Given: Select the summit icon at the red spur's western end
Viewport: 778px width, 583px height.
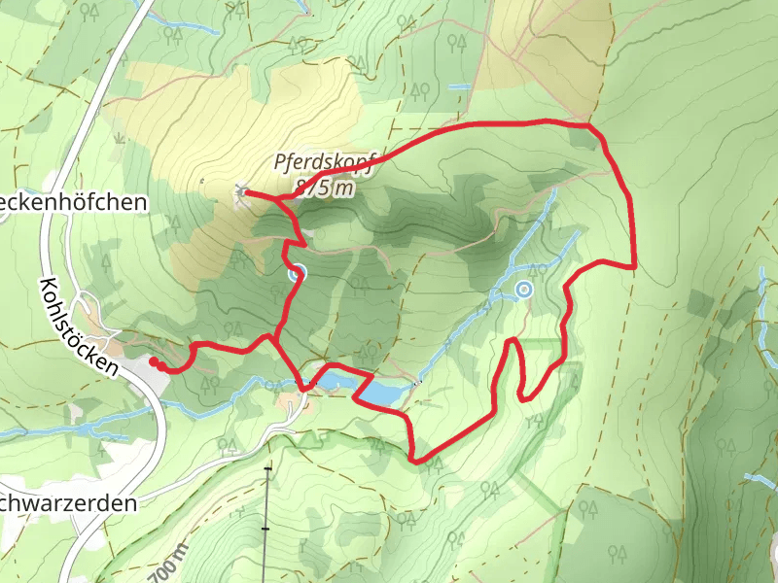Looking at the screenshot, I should tap(241, 192).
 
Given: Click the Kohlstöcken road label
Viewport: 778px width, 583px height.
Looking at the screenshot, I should tap(77, 326).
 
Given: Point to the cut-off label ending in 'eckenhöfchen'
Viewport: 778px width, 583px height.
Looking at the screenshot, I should tap(74, 202).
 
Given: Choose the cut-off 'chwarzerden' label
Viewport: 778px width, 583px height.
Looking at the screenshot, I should tap(67, 504).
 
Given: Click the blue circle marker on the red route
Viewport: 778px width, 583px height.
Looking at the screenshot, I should tap(297, 273).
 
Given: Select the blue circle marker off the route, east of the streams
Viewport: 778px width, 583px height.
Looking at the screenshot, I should tap(524, 289).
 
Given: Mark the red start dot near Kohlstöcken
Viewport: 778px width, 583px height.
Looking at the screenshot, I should tap(154, 361).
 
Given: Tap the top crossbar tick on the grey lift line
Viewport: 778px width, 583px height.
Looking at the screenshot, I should tap(267, 470).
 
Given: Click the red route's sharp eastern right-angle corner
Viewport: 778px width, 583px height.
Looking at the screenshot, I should tap(634, 265).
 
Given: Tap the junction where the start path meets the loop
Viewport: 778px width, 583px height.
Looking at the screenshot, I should tap(272, 338).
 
